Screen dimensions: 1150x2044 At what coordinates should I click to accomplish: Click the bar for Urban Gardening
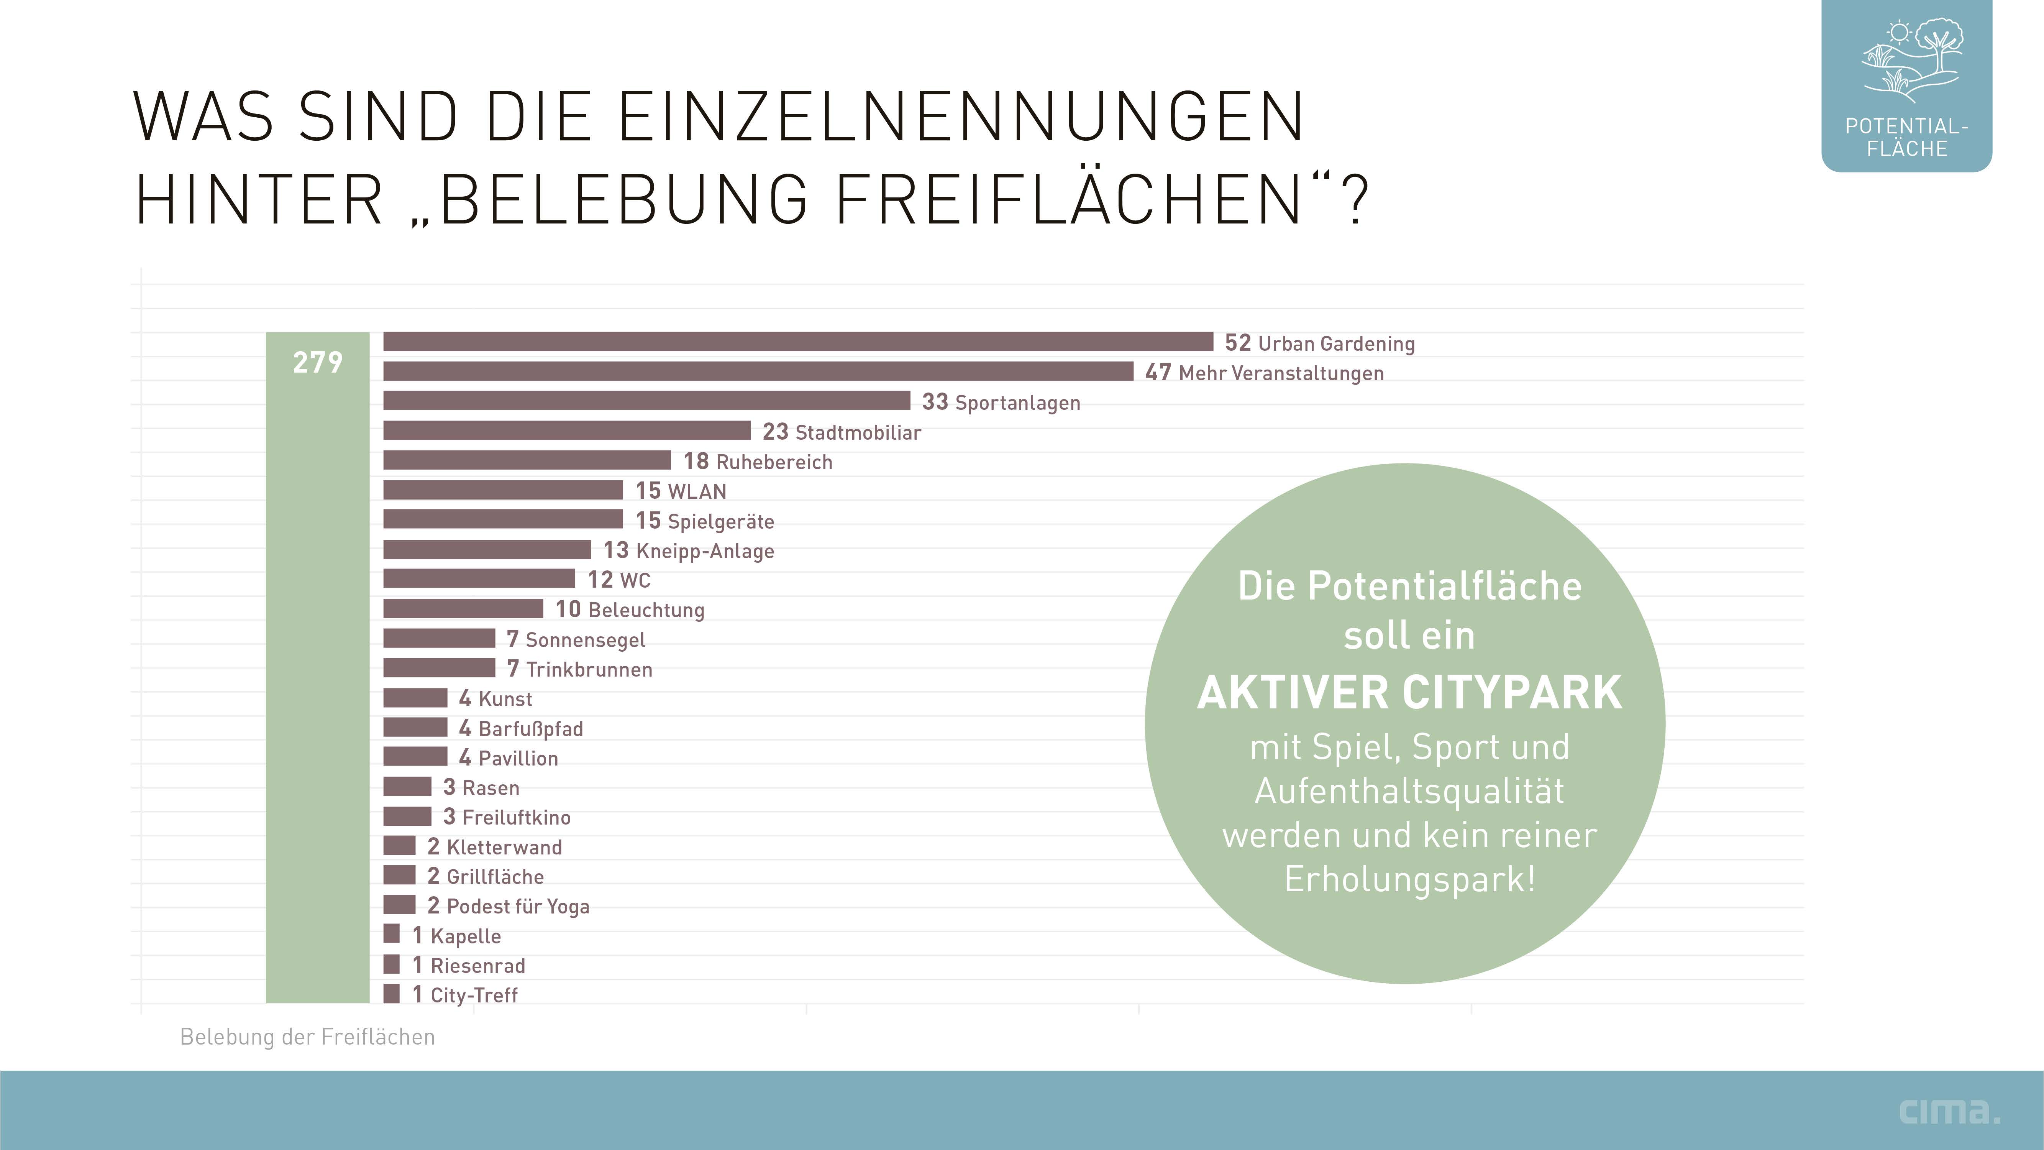pyautogui.click(x=797, y=341)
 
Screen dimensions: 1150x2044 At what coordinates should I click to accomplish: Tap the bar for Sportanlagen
pyautogui.click(x=646, y=401)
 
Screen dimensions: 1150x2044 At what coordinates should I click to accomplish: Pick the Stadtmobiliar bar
pyautogui.click(x=566, y=430)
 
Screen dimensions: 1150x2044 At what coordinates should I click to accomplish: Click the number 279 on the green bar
pyautogui.click(x=317, y=363)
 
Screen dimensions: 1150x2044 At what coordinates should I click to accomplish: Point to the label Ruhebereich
pyautogui.click(x=774, y=462)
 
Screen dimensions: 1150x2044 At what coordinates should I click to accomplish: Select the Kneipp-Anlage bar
pyautogui.click(x=486, y=549)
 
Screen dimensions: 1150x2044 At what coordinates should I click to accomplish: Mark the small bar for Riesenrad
pyautogui.click(x=391, y=964)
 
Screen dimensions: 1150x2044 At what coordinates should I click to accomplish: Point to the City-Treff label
pyautogui.click(x=474, y=995)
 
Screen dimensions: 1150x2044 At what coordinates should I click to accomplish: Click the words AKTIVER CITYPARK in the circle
pyautogui.click(x=1409, y=692)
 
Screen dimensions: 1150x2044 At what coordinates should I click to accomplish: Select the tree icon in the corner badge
pyautogui.click(x=1939, y=48)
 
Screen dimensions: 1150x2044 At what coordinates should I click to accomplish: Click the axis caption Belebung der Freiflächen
pyautogui.click(x=307, y=1037)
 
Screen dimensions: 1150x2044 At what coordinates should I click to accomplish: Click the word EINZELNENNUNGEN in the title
pyautogui.click(x=960, y=117)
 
